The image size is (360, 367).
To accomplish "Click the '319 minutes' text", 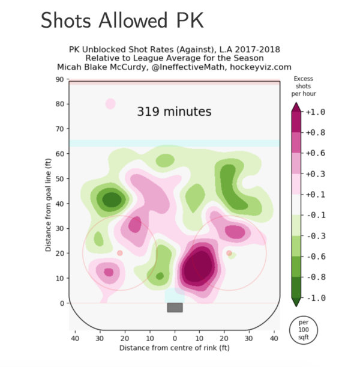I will coord(174,112).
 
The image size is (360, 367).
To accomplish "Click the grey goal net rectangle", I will coord(175,308).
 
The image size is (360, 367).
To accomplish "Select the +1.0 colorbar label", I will coord(316,112).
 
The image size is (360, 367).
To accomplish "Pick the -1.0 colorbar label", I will coord(316,298).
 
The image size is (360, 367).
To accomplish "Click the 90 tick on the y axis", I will coord(60,79).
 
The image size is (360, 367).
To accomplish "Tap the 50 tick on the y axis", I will coord(60,179).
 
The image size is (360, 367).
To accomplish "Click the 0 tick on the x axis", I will coord(175,339).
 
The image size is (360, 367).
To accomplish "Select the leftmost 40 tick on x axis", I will coord(75,339).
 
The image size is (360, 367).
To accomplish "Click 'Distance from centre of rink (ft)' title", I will coord(175,348).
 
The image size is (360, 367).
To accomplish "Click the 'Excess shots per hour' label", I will coord(304,86).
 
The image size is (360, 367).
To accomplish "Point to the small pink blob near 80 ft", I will coord(110,104).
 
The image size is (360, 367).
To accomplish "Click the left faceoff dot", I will coord(119,253).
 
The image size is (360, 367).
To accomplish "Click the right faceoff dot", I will coord(229,253).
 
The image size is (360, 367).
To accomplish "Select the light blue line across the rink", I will coord(175,144).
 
